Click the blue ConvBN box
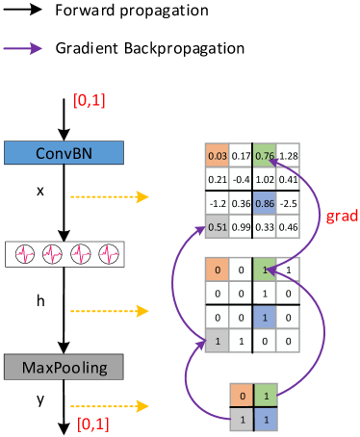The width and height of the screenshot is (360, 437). click(x=64, y=152)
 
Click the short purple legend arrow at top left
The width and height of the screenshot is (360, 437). click(x=23, y=48)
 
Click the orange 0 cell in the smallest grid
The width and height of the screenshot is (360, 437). click(x=241, y=396)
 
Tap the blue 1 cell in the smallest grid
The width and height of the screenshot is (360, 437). click(x=265, y=420)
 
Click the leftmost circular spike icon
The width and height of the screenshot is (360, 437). click(x=26, y=255)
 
